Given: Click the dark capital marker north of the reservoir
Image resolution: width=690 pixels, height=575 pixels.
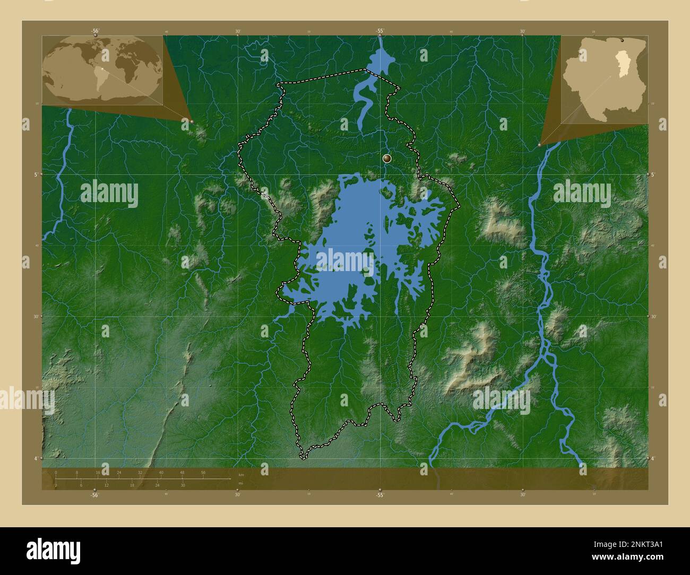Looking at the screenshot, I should tap(387, 158).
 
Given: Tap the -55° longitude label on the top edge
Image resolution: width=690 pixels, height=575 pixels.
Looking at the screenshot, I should tap(379, 31).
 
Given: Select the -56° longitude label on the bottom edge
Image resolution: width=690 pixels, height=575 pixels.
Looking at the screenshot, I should tap(94, 495).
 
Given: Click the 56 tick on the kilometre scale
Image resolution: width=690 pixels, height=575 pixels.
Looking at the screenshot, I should tap(203, 473).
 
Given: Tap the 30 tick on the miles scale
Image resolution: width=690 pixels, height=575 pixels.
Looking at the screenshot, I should tap(183, 485).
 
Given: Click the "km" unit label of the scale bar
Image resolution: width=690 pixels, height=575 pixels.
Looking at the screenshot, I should tap(241, 474).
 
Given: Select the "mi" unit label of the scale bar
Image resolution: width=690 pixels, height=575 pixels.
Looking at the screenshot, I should tap(240, 483).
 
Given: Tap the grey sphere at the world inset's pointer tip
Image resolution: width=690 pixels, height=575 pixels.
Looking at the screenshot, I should tap(192, 121).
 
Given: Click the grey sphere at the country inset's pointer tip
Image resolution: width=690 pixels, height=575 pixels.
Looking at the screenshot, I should tap(539, 144).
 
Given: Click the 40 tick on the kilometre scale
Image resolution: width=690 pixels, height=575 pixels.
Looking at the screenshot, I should tap(161, 473).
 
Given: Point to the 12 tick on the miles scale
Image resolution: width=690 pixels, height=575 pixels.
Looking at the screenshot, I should tap(106, 485).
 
